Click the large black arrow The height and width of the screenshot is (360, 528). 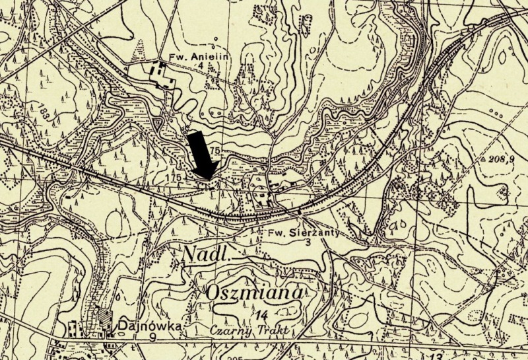(x=199, y=153)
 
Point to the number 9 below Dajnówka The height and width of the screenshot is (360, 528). (x=137, y=336)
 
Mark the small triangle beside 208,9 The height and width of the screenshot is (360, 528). (x=483, y=160)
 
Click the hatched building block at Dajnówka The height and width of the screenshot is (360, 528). (x=105, y=318)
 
